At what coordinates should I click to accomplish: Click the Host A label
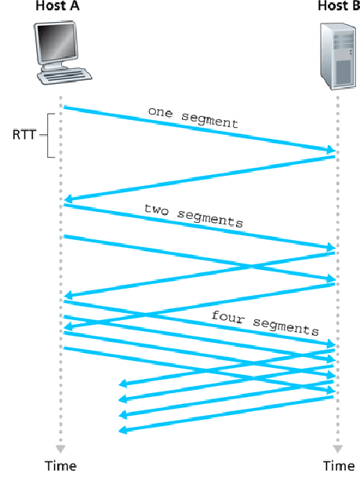[60, 7]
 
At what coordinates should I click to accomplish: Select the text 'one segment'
[192, 118]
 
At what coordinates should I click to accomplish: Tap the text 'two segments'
[193, 216]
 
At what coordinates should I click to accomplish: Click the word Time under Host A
[60, 465]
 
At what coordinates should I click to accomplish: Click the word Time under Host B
[338, 465]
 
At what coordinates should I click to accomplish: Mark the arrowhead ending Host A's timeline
[60, 448]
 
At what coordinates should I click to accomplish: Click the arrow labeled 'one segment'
[196, 128]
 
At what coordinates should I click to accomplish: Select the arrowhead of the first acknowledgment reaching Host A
[70, 200]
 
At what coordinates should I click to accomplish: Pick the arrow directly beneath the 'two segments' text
[196, 227]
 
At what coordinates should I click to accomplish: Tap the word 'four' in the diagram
[225, 315]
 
